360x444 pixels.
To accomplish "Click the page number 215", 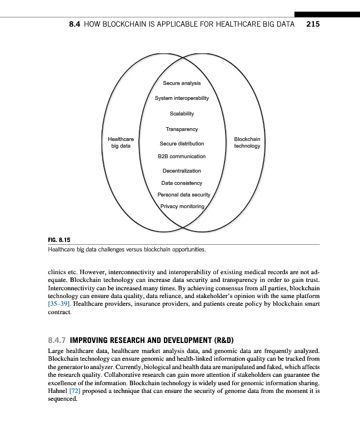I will (312, 24).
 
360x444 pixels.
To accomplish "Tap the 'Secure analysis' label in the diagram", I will (182, 83).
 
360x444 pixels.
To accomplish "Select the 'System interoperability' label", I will (182, 98).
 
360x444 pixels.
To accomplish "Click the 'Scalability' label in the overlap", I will (182, 113).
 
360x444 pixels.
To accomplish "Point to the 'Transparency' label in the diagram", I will (182, 129).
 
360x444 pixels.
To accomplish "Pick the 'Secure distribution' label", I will (182, 143).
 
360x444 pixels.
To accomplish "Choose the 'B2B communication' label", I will (182, 157).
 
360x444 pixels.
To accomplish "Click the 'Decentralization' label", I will (182, 171).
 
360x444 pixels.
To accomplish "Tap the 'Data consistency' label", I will (182, 183).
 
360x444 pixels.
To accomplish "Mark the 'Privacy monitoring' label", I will (182, 206).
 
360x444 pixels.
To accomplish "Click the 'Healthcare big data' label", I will (121, 142).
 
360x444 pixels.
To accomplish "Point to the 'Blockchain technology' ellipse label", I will (247, 142).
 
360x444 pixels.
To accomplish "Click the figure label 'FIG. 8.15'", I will (57, 240).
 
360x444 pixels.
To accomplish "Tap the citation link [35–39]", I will (59, 305).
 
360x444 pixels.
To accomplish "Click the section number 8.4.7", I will (57, 340).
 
